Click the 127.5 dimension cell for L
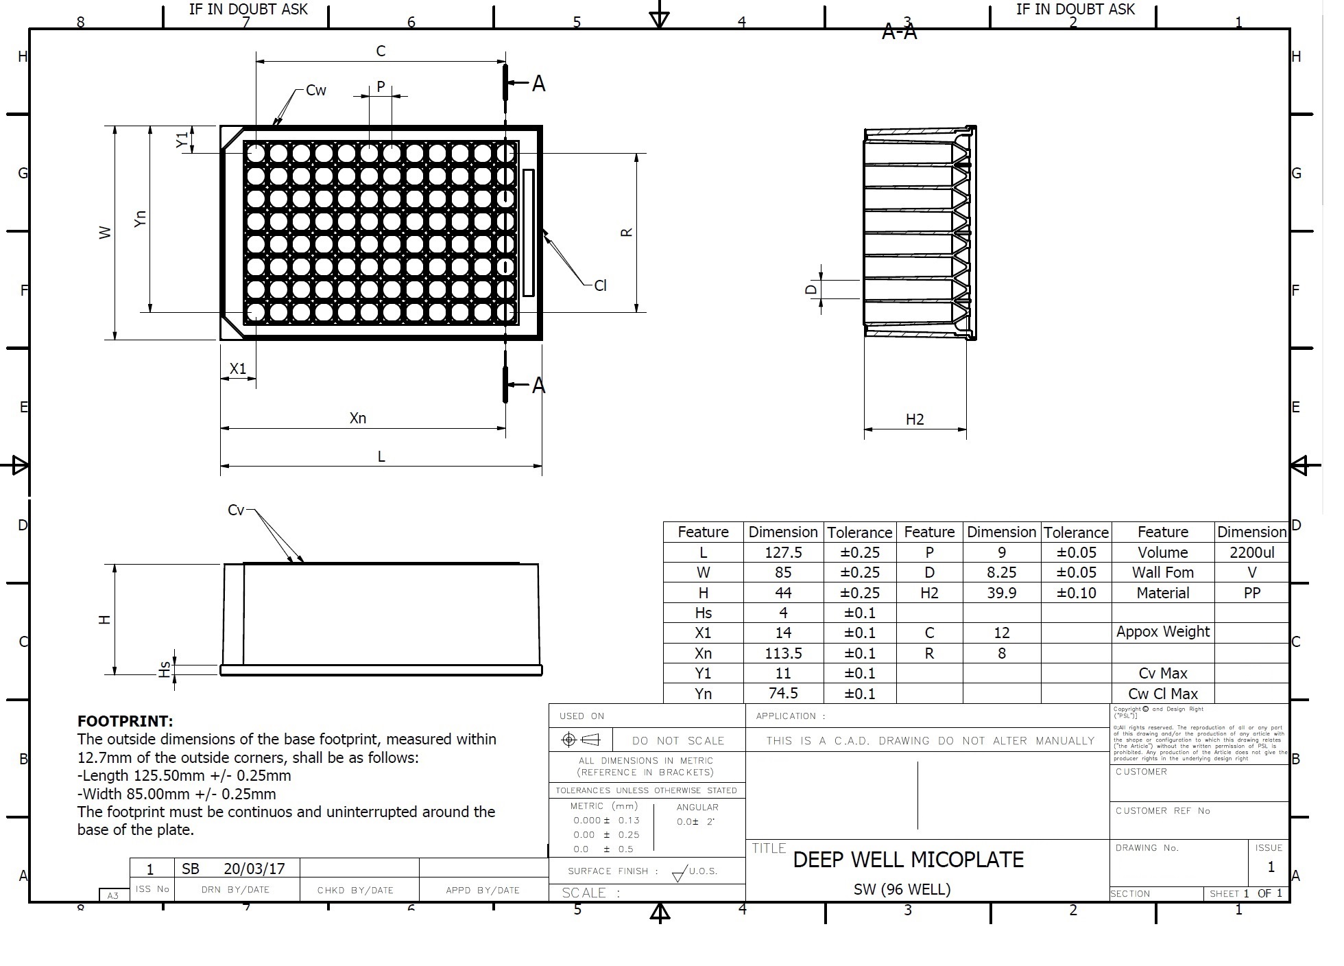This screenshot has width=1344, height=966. (783, 552)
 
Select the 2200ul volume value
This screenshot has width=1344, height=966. (1251, 552)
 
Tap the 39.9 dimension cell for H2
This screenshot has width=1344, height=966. (1001, 593)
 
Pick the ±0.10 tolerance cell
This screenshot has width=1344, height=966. (1076, 593)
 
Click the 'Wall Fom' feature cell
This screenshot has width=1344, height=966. (1162, 572)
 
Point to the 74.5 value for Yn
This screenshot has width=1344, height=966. (783, 693)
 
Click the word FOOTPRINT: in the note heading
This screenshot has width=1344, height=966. (125, 721)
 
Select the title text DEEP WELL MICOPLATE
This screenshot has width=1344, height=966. (908, 860)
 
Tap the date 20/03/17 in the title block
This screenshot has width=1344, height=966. (254, 869)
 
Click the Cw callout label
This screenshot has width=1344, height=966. (316, 91)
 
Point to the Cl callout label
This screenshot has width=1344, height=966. (600, 285)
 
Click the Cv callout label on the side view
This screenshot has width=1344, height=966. (235, 510)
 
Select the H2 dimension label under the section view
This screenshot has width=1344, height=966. (915, 419)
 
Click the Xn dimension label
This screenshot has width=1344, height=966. (358, 418)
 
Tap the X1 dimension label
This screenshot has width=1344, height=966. (237, 368)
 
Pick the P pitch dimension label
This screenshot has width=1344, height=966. (381, 87)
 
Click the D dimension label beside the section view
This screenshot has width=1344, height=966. (811, 290)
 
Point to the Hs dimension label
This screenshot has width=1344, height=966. (164, 670)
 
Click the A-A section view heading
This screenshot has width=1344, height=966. (899, 32)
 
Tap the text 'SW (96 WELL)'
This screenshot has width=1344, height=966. (902, 889)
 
